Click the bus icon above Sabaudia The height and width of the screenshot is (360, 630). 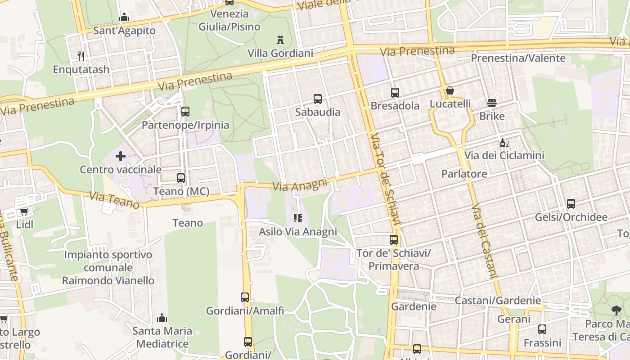point(317,99)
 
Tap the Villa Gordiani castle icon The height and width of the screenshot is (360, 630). point(280,40)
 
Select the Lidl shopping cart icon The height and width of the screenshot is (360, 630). point(24,211)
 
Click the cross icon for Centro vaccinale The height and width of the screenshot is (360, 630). point(121,156)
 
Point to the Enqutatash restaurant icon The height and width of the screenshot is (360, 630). point(81,56)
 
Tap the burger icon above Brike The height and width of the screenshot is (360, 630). point(492,103)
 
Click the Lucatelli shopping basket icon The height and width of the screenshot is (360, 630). point(450,91)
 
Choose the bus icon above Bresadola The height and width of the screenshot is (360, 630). point(395,93)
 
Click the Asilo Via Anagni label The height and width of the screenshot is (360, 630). point(298,232)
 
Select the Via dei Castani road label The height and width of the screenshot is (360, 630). point(484,241)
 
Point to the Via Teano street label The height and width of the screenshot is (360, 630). point(114,200)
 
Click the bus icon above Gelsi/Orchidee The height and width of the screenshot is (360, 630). point(571,204)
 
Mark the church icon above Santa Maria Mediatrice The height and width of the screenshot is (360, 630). point(162,318)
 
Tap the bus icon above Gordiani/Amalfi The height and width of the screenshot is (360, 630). point(245,297)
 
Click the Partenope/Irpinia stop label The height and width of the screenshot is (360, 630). point(185,125)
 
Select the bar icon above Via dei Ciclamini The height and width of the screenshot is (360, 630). point(504,143)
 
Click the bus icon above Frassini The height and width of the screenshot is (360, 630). point(542,329)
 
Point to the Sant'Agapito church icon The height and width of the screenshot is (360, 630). point(124,18)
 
